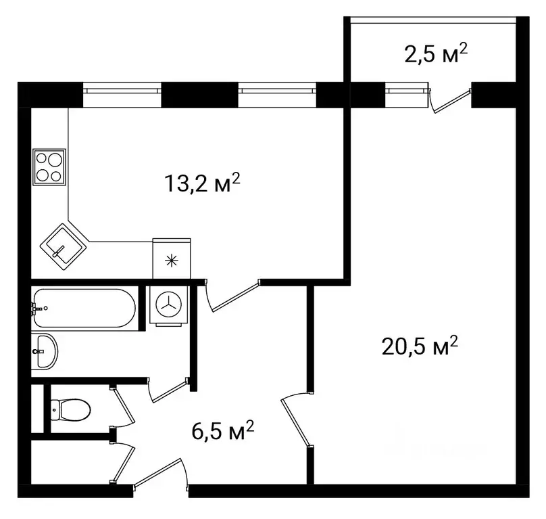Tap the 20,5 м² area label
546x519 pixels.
(420, 348)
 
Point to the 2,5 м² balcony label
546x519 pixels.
(437, 53)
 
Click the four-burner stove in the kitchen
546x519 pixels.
(49, 166)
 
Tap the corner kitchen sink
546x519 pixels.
(63, 244)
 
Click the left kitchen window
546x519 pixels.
(122, 94)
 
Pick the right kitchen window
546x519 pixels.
(277, 94)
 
